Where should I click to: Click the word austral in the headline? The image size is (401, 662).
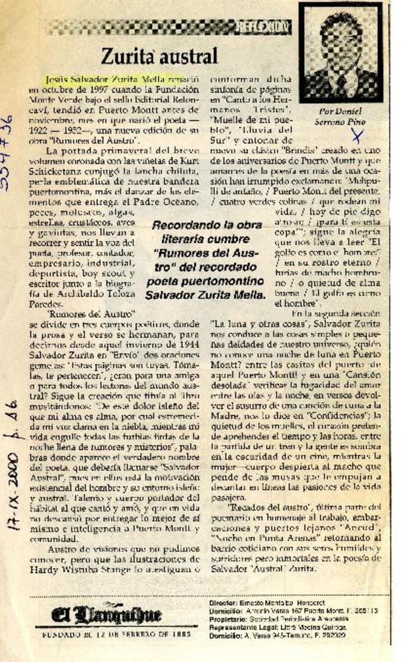188,57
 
